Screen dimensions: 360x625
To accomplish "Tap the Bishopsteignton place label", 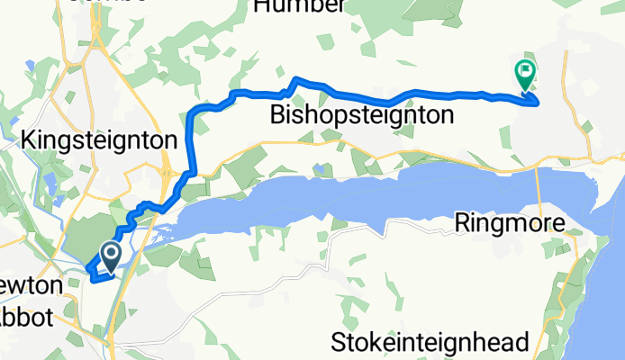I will coord(361,115).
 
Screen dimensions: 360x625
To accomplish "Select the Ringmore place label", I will coord(510,222).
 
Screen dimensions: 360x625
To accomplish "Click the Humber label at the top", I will coord(299,7).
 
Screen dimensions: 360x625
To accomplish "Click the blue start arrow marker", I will coord(112,256).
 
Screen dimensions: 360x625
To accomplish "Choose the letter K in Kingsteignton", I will coord(27,141).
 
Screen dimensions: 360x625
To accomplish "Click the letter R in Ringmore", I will coord(465,222).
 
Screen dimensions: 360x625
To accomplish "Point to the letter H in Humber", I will coord(263,7).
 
